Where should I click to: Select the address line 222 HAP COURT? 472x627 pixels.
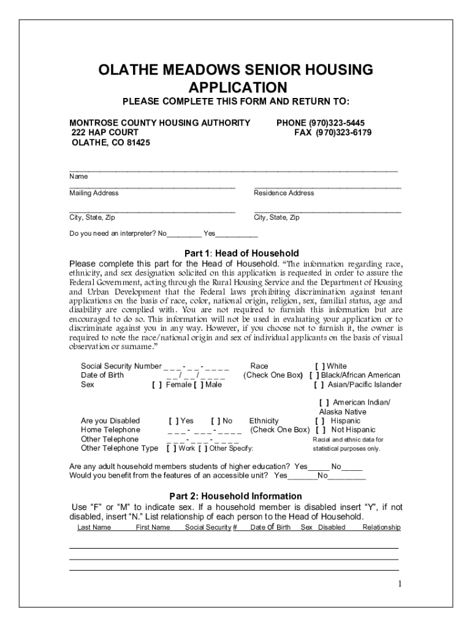tap(105, 133)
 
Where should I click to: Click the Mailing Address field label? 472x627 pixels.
tap(94, 193)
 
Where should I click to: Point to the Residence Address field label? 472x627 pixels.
tap(284, 193)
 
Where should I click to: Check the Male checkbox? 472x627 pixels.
tap(199, 385)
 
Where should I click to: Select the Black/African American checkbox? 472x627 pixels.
tap(314, 375)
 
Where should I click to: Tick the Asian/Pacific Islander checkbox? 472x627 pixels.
tap(319, 385)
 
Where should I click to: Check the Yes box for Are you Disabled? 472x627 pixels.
tap(173, 421)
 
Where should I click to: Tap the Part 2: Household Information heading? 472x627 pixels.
tap(235, 496)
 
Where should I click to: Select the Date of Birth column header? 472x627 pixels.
tap(270, 527)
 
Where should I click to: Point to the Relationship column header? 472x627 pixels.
tap(381, 527)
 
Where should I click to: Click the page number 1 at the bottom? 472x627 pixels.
tap(398, 584)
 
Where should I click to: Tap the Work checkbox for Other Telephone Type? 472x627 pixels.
tap(171, 448)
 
